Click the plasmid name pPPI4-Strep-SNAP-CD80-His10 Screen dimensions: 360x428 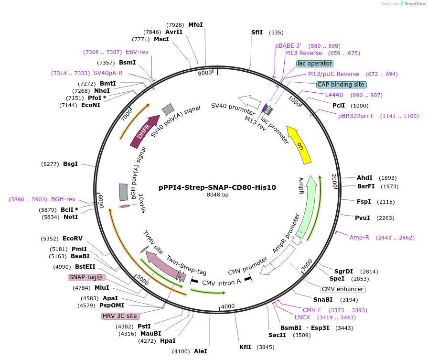click(217, 187)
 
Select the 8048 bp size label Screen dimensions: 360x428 click(217, 195)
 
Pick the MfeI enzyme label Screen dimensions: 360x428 click(195, 24)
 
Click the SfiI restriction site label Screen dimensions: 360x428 click(257, 33)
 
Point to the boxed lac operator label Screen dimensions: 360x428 click(314, 64)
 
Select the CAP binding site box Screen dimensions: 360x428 click(341, 85)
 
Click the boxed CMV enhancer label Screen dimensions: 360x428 click(343, 289)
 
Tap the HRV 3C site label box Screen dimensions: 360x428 click(120, 316)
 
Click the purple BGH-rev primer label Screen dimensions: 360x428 click(64, 199)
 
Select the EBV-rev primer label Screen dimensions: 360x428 click(137, 52)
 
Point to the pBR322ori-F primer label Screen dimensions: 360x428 click(356, 116)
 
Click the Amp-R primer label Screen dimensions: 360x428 click(359, 238)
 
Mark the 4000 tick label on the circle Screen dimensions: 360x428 click(228, 306)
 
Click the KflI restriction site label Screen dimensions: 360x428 click(245, 347)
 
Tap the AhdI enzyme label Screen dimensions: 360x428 click(364, 178)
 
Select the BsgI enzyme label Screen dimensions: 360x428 click(70, 164)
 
